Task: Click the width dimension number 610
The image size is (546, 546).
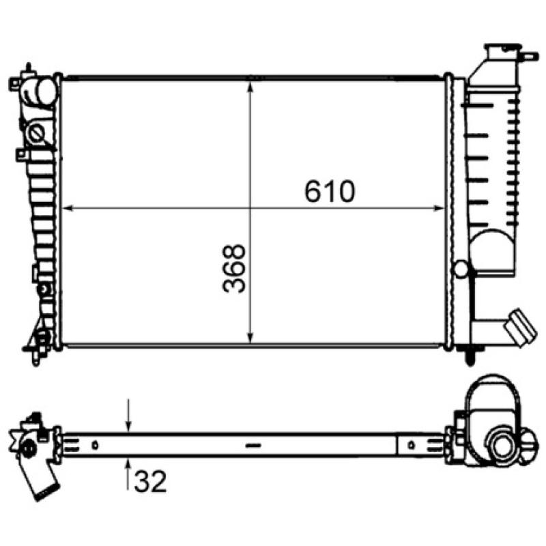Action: [330, 192]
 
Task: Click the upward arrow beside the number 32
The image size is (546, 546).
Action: [128, 467]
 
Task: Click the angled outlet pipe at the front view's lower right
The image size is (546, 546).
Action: [520, 326]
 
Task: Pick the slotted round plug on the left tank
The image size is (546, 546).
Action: [36, 131]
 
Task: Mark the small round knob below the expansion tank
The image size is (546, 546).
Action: [461, 269]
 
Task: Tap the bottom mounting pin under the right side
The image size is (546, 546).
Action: [470, 356]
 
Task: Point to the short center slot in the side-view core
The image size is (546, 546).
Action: [253, 445]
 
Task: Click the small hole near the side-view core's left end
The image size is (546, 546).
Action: [96, 445]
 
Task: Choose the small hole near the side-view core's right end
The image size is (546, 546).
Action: [411, 445]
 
